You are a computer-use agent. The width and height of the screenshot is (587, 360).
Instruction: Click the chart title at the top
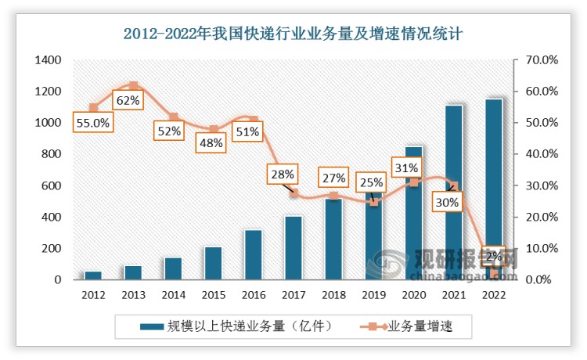(293, 33)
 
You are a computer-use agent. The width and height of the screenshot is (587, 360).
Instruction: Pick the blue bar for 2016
(254, 254)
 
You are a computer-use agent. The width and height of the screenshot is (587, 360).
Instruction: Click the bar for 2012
(93, 275)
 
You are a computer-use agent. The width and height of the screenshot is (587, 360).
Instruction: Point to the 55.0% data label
(93, 123)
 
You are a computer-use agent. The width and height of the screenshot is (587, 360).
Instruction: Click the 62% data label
(128, 100)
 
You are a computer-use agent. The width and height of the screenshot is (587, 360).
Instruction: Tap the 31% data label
(407, 167)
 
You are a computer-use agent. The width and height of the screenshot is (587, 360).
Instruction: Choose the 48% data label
(209, 143)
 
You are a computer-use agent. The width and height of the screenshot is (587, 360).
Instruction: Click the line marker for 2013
(133, 86)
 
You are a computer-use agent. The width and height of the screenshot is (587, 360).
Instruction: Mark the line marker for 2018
(333, 196)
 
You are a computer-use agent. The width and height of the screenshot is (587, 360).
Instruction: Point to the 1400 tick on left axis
(49, 60)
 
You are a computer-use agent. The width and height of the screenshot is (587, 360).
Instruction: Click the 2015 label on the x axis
(214, 295)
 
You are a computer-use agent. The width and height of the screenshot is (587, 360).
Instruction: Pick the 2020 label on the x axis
(414, 295)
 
